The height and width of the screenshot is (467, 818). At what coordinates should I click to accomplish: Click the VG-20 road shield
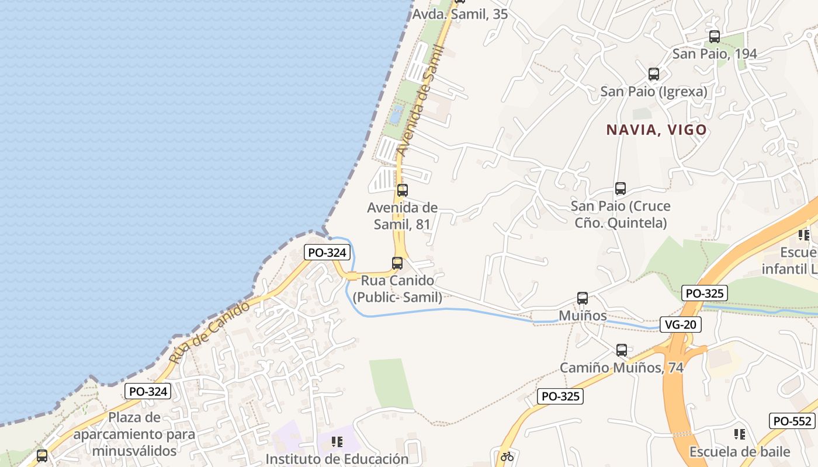[x=681, y=325]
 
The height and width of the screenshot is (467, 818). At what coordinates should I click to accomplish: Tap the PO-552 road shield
[x=792, y=421]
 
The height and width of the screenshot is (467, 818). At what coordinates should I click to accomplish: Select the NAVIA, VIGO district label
[x=657, y=130]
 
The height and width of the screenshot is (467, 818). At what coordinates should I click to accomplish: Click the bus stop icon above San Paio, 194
[x=714, y=37]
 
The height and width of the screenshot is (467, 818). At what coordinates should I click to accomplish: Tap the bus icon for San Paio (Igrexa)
[x=654, y=74]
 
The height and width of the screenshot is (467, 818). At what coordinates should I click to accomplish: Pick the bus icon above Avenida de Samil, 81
[x=402, y=190]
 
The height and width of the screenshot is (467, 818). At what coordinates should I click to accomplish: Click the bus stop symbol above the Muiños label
[x=582, y=298]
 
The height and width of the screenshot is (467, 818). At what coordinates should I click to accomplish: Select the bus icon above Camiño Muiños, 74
[x=622, y=350]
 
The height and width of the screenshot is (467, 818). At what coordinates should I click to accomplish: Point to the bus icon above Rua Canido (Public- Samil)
[x=397, y=263]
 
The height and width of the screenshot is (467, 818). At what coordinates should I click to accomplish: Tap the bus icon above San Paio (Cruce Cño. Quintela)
[x=620, y=189]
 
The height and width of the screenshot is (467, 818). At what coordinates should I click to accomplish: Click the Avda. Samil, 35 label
[x=460, y=15]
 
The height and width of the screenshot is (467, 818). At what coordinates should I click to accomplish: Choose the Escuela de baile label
[x=740, y=452]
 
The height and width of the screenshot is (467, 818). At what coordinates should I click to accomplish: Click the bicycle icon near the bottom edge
[x=507, y=456]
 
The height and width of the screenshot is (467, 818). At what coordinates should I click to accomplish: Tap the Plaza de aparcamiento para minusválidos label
[x=134, y=434]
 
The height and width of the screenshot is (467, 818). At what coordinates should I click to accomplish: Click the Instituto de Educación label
[x=337, y=459]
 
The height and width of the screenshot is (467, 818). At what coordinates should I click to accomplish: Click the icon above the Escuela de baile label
[x=739, y=434]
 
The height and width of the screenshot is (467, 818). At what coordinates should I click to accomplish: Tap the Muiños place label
[x=583, y=316]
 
